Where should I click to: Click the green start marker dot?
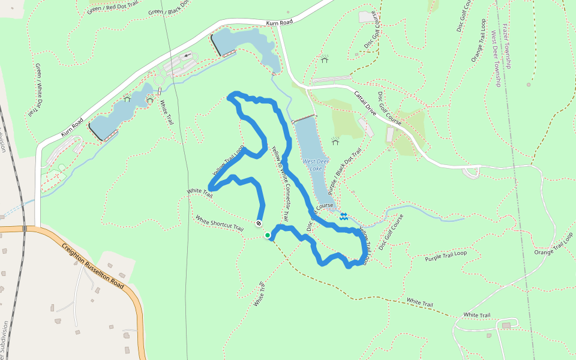pos(267,235)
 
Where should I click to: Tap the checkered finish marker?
pos(259,224)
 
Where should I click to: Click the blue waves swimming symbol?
pos(343,217)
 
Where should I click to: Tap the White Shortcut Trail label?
pos(220,223)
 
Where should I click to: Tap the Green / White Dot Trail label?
pos(34,90)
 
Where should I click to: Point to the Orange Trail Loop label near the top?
pos(478,40)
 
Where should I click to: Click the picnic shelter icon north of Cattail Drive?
pos(325,59)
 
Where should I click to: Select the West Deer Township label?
pos(496,59)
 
